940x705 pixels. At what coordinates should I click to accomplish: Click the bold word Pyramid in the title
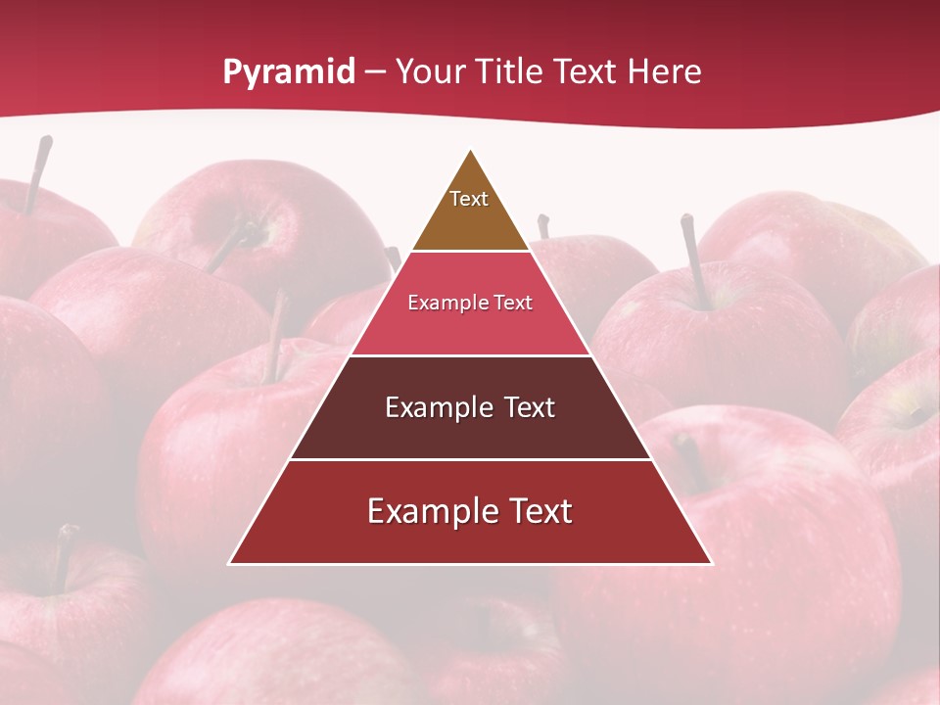pos(288,72)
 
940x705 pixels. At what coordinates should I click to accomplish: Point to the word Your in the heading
pos(431,71)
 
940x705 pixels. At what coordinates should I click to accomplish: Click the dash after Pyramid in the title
pos(375,72)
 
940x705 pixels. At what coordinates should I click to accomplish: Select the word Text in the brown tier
pos(469,199)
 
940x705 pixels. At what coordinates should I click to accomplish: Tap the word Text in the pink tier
pos(509,303)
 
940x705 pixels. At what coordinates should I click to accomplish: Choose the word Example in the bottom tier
pos(427,511)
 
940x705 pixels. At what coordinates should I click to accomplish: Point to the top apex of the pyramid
pos(470,150)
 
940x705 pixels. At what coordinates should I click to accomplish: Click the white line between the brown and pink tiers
pos(470,252)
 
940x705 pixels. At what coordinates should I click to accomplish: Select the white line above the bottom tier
pos(470,459)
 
